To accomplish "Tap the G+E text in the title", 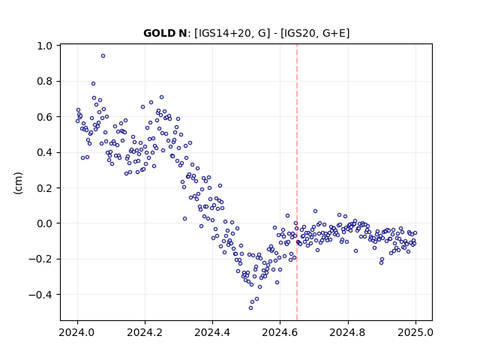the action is pyautogui.click(x=334, y=33).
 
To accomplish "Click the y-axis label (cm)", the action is pyautogui.click(x=18, y=183).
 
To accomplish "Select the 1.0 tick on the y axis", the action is pyautogui.click(x=45, y=46).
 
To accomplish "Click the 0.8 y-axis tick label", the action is pyautogui.click(x=45, y=82).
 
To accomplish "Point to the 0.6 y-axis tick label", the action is pyautogui.click(x=45, y=117).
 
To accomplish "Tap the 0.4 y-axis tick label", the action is pyautogui.click(x=45, y=152).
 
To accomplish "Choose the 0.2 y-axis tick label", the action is pyautogui.click(x=45, y=188).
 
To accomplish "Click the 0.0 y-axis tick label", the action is pyautogui.click(x=45, y=223).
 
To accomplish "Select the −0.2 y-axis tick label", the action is pyautogui.click(x=40, y=259).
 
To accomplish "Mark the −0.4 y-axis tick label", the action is pyautogui.click(x=40, y=295).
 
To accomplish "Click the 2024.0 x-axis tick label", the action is pyautogui.click(x=77, y=332).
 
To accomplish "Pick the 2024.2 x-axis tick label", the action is pyautogui.click(x=145, y=332).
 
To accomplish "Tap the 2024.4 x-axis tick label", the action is pyautogui.click(x=212, y=332).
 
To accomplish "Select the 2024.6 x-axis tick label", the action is pyautogui.click(x=280, y=332).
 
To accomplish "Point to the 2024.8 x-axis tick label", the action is pyautogui.click(x=347, y=332).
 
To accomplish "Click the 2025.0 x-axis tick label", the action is pyautogui.click(x=415, y=332).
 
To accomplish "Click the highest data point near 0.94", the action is pyautogui.click(x=103, y=56).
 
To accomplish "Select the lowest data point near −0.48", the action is pyautogui.click(x=250, y=308).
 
